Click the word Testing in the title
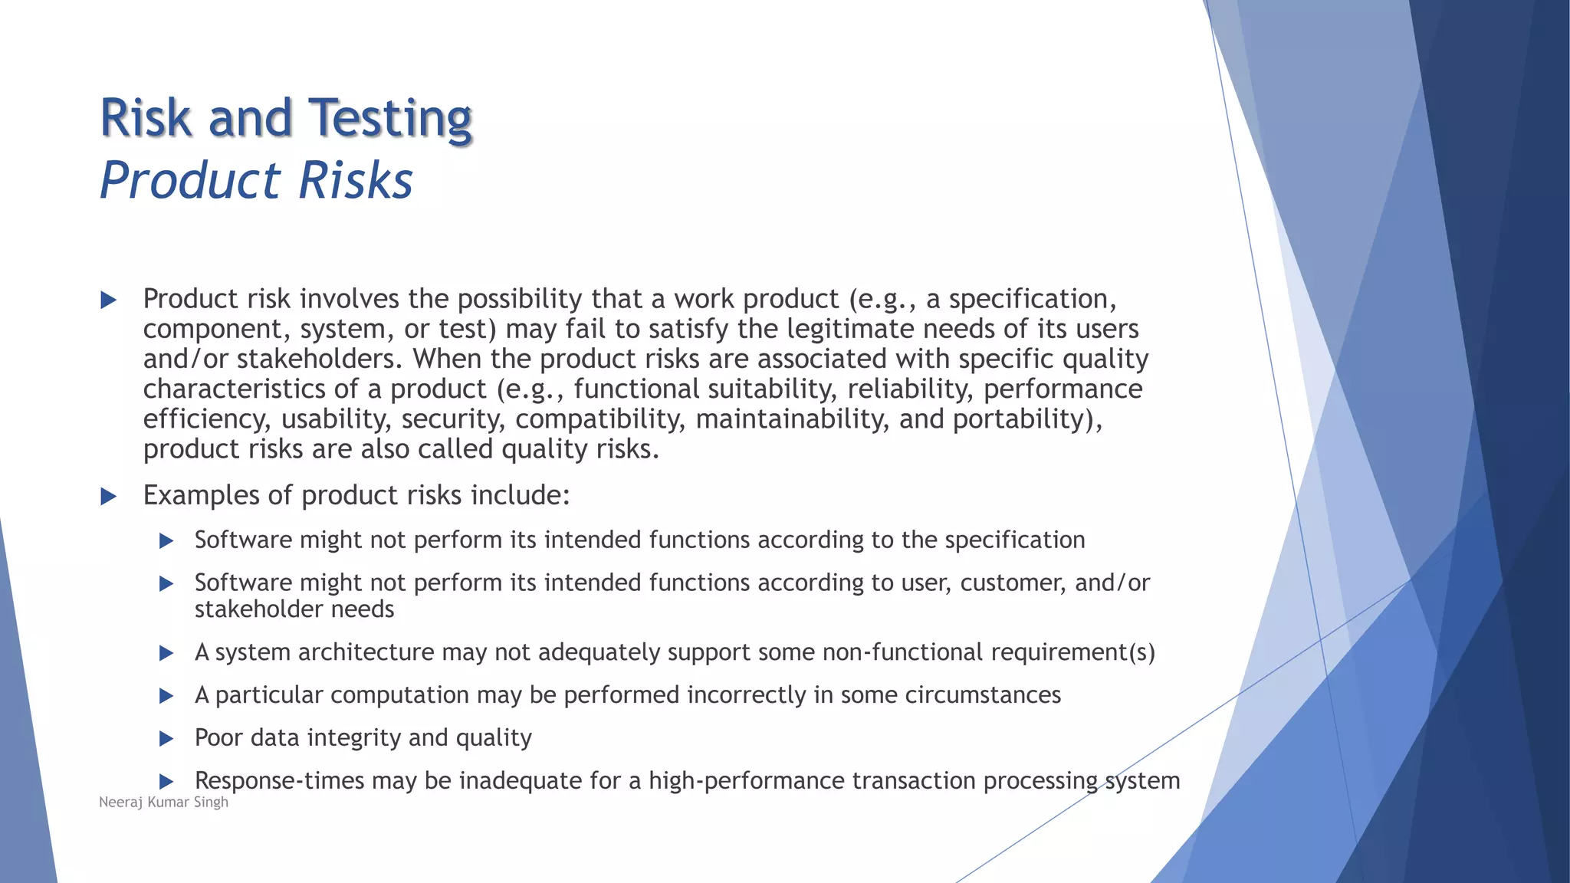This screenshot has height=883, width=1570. [390, 119]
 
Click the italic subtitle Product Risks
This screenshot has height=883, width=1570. [256, 181]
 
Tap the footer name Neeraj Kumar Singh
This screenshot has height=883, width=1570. [163, 803]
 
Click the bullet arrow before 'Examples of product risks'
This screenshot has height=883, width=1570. [109, 497]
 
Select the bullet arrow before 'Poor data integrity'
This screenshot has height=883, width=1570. [166, 739]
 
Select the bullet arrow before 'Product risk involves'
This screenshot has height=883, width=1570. [109, 300]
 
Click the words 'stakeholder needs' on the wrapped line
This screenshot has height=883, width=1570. [294, 609]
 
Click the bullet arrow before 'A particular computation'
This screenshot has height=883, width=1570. [166, 696]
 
